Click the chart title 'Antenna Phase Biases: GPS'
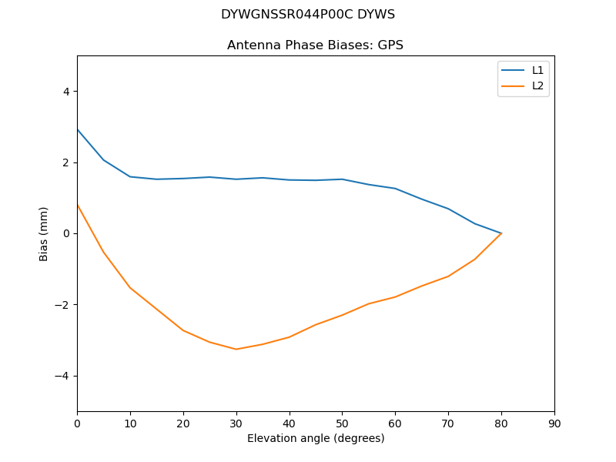315,45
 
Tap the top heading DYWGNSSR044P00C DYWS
308,15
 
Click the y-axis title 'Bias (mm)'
44,233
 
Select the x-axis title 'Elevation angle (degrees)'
316,438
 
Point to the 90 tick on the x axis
554,423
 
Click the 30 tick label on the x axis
236,423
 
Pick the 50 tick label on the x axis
342,423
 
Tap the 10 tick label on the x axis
130,423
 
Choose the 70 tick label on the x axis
448,423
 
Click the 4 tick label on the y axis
66,92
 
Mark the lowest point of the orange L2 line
236,350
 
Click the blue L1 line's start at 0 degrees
77,129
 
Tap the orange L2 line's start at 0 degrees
77,204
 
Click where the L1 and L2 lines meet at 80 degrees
501,233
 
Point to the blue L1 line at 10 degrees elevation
130,176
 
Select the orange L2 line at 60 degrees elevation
395,297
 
